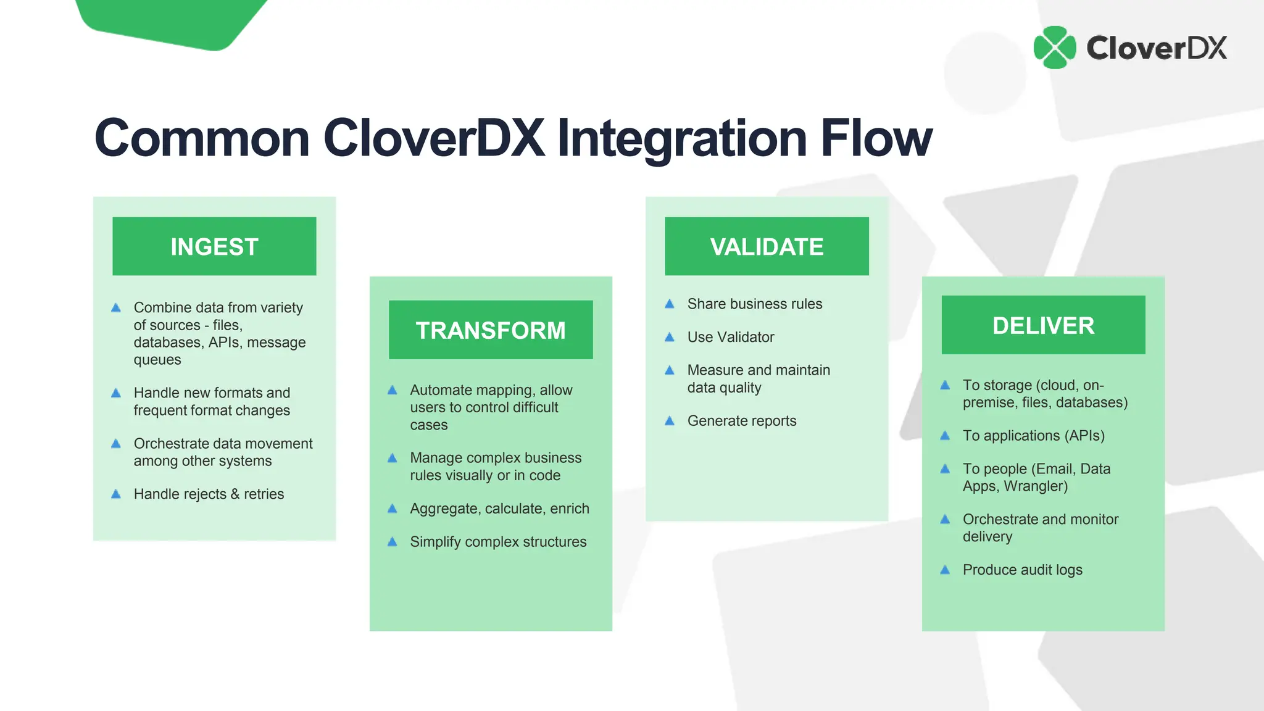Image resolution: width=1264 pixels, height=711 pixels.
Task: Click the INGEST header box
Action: click(214, 246)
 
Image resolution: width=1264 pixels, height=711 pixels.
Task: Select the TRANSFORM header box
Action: click(491, 330)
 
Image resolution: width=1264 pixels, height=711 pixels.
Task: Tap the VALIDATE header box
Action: click(767, 246)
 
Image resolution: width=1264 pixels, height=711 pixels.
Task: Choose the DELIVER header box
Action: click(1043, 325)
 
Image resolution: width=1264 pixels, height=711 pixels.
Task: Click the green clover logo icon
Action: click(1055, 48)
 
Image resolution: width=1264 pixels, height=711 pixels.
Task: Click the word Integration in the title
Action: click(682, 139)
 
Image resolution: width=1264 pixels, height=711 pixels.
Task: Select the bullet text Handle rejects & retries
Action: click(209, 494)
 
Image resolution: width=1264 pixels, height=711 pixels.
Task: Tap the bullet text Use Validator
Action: click(731, 337)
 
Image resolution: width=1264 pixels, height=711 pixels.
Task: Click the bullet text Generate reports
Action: click(742, 421)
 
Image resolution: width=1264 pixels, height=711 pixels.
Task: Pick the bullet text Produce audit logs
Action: click(1022, 570)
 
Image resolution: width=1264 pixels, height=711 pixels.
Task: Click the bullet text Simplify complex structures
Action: click(498, 542)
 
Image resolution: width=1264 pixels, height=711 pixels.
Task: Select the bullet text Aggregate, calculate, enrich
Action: click(499, 509)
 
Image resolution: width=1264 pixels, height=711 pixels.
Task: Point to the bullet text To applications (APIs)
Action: click(1033, 436)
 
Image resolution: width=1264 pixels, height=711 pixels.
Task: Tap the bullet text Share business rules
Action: click(754, 304)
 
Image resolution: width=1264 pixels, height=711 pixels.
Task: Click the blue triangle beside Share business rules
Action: click(670, 304)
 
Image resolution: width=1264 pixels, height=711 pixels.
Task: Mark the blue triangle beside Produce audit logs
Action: click(945, 570)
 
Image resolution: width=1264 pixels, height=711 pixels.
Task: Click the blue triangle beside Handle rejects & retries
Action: click(116, 494)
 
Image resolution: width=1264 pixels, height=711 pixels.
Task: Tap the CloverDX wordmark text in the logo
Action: click(1156, 48)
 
